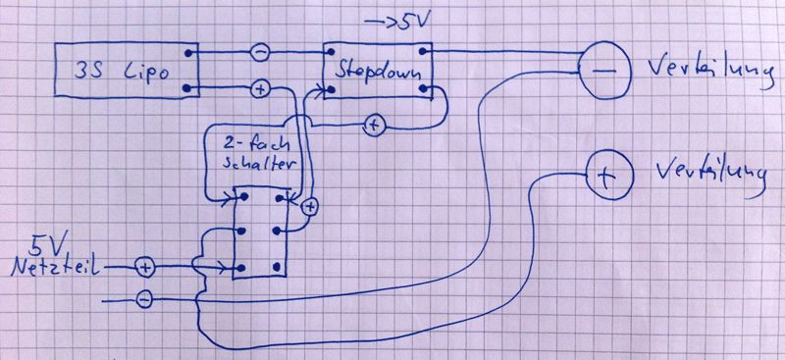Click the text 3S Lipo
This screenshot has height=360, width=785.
tap(122, 72)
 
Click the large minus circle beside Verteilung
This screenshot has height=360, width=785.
tap(604, 69)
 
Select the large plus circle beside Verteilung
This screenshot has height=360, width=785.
tap(609, 176)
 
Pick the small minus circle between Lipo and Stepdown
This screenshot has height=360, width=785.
tap(260, 53)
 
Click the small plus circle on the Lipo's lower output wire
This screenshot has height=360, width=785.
tap(260, 89)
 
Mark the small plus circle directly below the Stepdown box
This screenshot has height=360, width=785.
tap(374, 125)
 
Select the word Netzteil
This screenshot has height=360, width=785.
tap(54, 267)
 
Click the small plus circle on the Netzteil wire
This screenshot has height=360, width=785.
tap(144, 268)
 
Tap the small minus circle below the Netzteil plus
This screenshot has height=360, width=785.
tap(144, 299)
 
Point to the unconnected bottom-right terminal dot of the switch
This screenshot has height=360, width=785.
tap(277, 268)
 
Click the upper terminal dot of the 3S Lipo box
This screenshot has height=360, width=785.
tap(187, 52)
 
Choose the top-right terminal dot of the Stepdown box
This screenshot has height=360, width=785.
tap(423, 51)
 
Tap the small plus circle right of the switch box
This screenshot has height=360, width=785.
tap(310, 207)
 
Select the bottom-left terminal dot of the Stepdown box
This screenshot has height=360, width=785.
tap(331, 89)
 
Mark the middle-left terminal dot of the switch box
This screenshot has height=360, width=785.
tap(241, 231)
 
